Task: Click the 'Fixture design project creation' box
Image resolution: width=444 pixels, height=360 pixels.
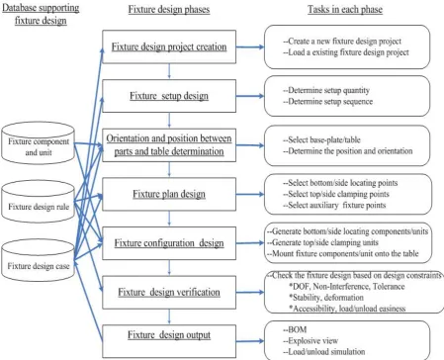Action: click(x=169, y=46)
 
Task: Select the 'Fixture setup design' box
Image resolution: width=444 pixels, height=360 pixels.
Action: click(x=169, y=96)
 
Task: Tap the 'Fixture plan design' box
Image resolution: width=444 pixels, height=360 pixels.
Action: click(x=169, y=194)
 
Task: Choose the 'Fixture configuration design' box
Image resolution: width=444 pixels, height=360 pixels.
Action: click(x=169, y=243)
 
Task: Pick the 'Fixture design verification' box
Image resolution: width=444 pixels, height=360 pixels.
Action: click(x=169, y=292)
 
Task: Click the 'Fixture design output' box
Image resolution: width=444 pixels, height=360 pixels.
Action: click(x=169, y=341)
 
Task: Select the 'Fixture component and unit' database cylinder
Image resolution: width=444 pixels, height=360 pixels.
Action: click(x=38, y=142)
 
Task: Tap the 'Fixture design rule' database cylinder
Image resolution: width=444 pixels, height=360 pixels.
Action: click(x=38, y=201)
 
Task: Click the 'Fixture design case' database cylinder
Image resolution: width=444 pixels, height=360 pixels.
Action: click(x=38, y=260)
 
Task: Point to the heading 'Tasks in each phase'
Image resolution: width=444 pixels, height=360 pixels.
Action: click(x=345, y=9)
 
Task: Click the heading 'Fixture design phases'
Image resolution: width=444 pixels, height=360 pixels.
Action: click(x=169, y=9)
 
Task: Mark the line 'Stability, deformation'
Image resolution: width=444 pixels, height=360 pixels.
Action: click(x=326, y=298)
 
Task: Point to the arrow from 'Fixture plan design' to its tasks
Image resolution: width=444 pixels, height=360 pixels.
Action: click(x=250, y=194)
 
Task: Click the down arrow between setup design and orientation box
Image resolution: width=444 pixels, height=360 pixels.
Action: click(x=169, y=121)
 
